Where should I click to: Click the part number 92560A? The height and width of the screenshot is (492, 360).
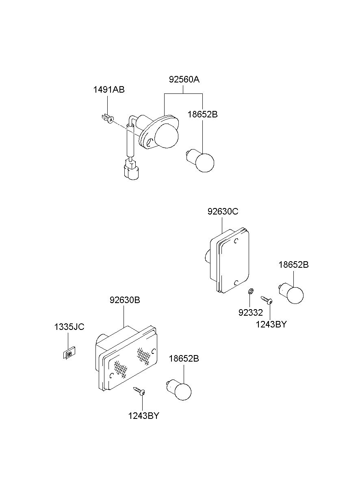click(184, 80)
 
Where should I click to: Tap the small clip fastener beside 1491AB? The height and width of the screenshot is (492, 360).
click(107, 119)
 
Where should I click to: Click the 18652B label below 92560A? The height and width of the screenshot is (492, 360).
click(202, 115)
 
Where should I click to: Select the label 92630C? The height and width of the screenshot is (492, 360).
click(223, 212)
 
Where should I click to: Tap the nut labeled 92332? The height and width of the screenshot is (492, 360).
click(251, 291)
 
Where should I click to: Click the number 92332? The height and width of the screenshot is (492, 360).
click(251, 313)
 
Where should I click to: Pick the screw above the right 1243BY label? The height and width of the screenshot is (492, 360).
click(267, 300)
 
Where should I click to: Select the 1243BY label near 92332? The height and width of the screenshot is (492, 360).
click(271, 324)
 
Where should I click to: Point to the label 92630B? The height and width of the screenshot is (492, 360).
click(124, 301)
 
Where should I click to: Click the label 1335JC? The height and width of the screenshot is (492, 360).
click(69, 327)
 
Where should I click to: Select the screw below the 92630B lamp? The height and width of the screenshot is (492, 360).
click(139, 391)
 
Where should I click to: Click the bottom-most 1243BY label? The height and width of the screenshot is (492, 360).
click(143, 416)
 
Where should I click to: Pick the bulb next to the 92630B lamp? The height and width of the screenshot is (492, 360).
click(180, 390)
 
